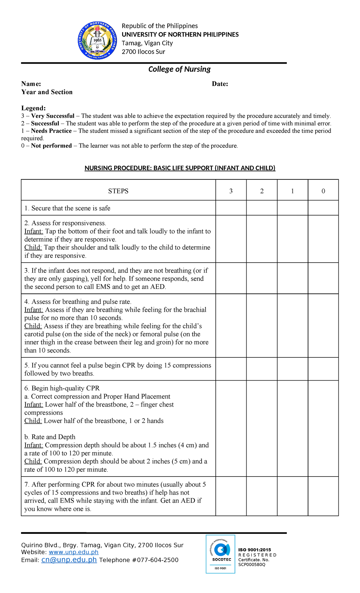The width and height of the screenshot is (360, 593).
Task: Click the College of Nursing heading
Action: point(179,69)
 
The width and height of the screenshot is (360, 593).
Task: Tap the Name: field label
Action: point(31,84)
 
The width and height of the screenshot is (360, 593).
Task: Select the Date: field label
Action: point(220,84)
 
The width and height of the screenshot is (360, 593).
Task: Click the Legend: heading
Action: point(34,108)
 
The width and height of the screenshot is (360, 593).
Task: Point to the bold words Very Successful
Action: point(53,116)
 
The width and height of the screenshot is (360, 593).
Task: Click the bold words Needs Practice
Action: point(51,131)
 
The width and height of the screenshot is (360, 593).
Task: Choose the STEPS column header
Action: point(118,191)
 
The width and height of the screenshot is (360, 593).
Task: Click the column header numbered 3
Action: point(231,191)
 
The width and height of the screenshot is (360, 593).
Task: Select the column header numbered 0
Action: point(323,191)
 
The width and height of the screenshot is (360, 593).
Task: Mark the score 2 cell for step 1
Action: point(262,208)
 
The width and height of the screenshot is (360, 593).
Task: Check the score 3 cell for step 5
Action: point(231,369)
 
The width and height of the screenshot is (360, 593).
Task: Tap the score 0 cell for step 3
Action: point(323,278)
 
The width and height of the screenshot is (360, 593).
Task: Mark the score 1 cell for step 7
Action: point(292,496)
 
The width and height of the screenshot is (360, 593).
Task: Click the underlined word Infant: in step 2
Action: point(34,231)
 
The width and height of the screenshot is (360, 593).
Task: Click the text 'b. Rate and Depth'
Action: point(50,437)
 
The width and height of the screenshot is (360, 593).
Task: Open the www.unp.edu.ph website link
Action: point(73,552)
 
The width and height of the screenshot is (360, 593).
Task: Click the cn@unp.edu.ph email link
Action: point(69,560)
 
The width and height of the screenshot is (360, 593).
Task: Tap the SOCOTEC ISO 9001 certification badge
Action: point(220,554)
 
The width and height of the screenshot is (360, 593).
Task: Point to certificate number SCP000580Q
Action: point(252,564)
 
